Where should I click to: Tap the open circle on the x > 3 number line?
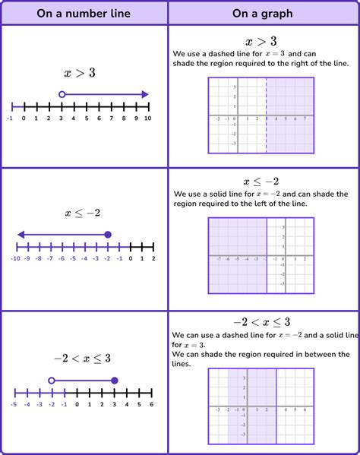point(62,94)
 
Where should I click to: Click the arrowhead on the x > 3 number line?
point(144,94)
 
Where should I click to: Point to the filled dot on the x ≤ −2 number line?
point(108,235)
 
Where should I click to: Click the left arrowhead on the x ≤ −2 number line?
point(21,235)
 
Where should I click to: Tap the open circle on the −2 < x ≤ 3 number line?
point(52,381)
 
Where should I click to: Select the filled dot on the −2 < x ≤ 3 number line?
point(114,381)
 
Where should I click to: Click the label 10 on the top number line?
point(147,118)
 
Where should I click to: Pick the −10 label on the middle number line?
point(14,259)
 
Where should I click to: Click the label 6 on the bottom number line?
point(151,404)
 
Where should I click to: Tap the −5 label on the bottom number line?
point(14,404)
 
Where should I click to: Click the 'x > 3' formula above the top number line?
point(79,74)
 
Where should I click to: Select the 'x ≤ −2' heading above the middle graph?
point(261,182)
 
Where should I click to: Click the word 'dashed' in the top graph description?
point(222,53)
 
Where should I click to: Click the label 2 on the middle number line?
point(153,259)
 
